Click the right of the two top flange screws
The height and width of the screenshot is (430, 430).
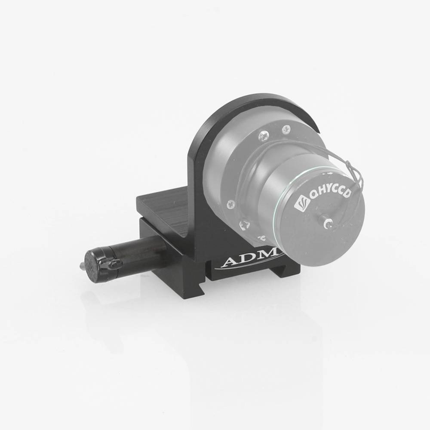click(286, 128)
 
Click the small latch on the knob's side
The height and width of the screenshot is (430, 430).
click(114, 264)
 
